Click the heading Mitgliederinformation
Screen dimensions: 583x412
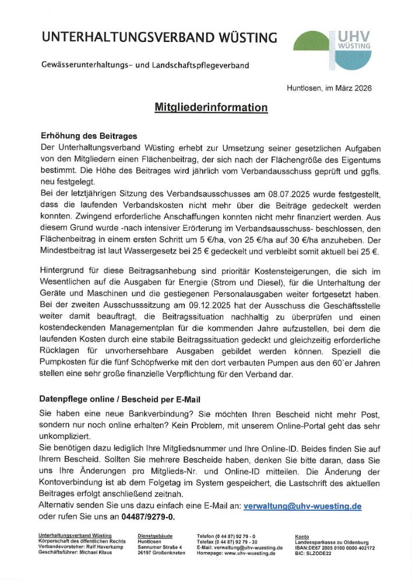(x=211, y=107)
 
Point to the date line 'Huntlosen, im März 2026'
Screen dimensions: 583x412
(x=329, y=88)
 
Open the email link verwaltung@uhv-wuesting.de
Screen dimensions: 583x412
(x=302, y=506)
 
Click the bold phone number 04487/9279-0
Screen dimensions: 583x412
(x=147, y=517)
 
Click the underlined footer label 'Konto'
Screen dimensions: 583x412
(x=302, y=536)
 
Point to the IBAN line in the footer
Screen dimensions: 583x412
(x=335, y=548)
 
